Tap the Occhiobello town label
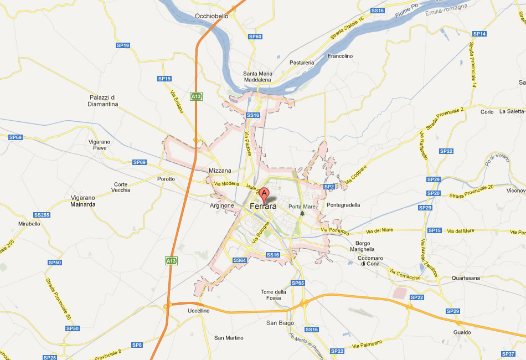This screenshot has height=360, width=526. (212, 17)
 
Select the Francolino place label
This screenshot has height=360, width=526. (340, 56)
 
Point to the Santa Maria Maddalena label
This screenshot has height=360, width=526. (258, 77)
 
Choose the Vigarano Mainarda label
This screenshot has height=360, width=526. (83, 201)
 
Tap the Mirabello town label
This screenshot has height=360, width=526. (29, 224)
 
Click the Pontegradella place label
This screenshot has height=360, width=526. (343, 205)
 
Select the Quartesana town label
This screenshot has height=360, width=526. (466, 278)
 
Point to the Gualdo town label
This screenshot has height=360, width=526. (461, 332)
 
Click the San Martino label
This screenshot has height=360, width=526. (229, 338)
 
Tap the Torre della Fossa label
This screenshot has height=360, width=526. (274, 295)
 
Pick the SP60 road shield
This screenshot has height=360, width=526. (255, 37)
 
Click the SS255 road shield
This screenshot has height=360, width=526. (42, 214)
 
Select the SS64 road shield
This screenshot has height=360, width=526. (239, 260)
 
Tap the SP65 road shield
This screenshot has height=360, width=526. (298, 283)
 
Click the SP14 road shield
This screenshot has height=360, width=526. (479, 34)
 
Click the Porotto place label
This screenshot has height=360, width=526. (166, 179)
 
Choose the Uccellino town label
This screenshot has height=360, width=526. (199, 311)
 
